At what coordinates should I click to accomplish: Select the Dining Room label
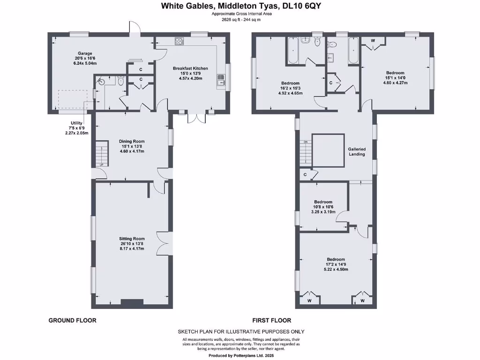pyautogui.click(x=132, y=141)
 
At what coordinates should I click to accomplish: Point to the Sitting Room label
pyautogui.click(x=132, y=239)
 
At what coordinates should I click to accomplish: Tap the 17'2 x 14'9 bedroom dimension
pyautogui.click(x=336, y=264)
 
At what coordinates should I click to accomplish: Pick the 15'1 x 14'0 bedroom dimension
pyautogui.click(x=395, y=78)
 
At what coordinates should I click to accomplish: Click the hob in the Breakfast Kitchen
pyautogui.click(x=179, y=42)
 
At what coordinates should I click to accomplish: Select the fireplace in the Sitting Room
pyautogui.click(x=132, y=302)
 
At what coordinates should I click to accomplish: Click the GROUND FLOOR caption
pyautogui.click(x=73, y=321)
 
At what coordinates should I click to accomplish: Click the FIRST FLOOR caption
pyautogui.click(x=271, y=321)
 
